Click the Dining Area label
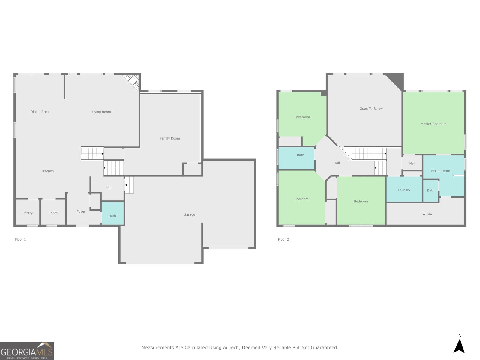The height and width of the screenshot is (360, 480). coord(40,112)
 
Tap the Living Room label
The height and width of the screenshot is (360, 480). coord(101,112)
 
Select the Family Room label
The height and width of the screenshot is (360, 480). coord(170,138)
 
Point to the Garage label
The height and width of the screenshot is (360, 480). coord(189,214)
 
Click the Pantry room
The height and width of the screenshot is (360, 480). coord(28,212)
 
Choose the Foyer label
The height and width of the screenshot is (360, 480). coord(81,211)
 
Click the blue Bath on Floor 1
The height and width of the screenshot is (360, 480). coord(112,213)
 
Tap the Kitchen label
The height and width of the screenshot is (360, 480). coord(48,171)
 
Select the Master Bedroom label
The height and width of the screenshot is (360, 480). coord(433,124)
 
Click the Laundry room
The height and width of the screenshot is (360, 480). coord(404,189)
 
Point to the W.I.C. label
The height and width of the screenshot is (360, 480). coord(427,214)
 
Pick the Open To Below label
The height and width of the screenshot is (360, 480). coord(371,109)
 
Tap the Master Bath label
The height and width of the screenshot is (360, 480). coord(441,171)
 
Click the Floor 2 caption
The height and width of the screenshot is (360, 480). coord(283,240)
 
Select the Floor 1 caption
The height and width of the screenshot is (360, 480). coord(20,240)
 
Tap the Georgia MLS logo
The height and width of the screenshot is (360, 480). coord(27,351)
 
